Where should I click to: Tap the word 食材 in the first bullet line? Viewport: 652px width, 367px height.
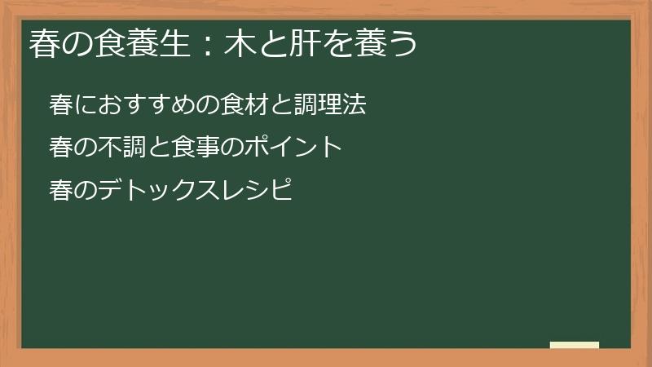(251, 105)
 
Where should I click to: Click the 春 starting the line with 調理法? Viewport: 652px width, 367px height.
(60, 105)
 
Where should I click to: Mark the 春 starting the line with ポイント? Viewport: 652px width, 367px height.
(60, 148)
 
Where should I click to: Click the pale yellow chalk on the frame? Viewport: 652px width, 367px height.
(575, 345)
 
